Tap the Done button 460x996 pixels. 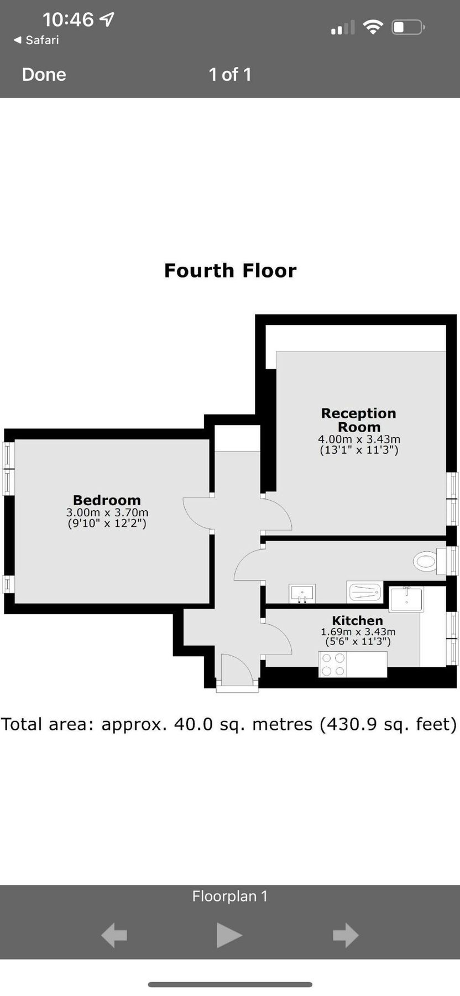(x=44, y=75)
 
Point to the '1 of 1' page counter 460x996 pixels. (x=230, y=75)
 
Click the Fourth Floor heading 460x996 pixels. (x=230, y=271)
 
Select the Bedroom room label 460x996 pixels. (x=107, y=500)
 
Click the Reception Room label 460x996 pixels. (x=359, y=420)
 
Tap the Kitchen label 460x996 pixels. (x=357, y=620)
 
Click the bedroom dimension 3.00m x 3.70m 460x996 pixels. (x=107, y=512)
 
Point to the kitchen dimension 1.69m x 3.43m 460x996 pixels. (x=358, y=631)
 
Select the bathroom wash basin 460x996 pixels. (x=302, y=594)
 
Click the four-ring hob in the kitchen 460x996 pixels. (x=333, y=664)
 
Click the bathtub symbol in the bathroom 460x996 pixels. (x=364, y=592)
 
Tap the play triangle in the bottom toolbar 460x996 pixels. (x=229, y=935)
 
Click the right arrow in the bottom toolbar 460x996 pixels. (x=346, y=935)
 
